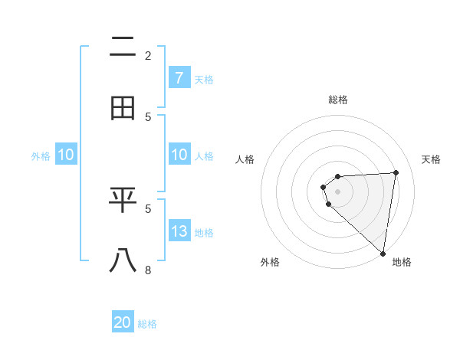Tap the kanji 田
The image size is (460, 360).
coord(123,108)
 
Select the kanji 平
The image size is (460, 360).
coord(123,200)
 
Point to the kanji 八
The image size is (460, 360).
coord(123,260)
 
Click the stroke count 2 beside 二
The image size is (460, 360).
coord(148,55)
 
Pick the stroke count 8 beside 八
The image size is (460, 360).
coord(148,270)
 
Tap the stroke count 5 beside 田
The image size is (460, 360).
coord(148,116)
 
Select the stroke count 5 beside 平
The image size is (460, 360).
coord(148,208)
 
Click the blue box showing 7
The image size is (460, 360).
coord(179,77)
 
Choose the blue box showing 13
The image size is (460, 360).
coord(179,231)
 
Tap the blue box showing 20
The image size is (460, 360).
coord(123,322)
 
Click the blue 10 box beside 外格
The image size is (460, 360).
coord(66,155)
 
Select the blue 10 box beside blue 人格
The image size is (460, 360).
coord(179,155)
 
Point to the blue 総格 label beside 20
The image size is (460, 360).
coord(147,324)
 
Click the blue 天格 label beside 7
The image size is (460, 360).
coord(204,79)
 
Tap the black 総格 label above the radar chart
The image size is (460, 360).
coord(338,100)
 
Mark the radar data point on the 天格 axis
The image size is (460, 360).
coord(396,172)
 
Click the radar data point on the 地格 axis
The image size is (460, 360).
coord(383,253)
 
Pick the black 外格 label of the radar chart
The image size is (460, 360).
coord(270,262)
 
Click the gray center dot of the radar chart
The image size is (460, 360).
coord(338,191)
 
